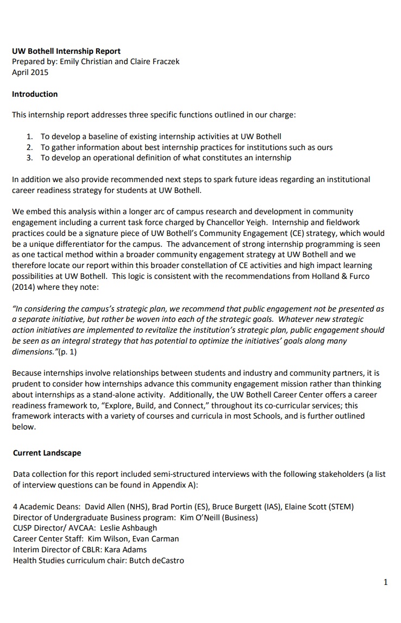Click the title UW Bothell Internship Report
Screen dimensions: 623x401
point(66,51)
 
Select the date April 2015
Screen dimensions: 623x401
point(30,72)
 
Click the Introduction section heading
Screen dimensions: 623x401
point(35,94)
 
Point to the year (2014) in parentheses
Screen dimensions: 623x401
point(23,286)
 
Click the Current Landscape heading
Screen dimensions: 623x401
point(47,453)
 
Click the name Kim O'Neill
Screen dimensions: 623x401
point(194,517)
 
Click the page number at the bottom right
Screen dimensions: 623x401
point(385,583)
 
